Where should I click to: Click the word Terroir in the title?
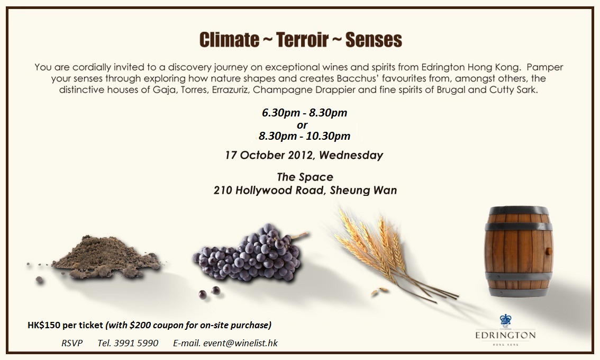(302, 40)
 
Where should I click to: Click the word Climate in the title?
(229, 40)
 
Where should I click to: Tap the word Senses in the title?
(374, 40)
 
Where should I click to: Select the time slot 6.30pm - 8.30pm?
(305, 113)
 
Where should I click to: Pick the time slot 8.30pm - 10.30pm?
(305, 136)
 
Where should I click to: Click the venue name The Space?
(305, 177)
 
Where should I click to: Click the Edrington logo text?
(505, 336)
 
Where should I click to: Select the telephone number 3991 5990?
(139, 343)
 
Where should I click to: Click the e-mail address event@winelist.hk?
(240, 343)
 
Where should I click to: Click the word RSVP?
(72, 343)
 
